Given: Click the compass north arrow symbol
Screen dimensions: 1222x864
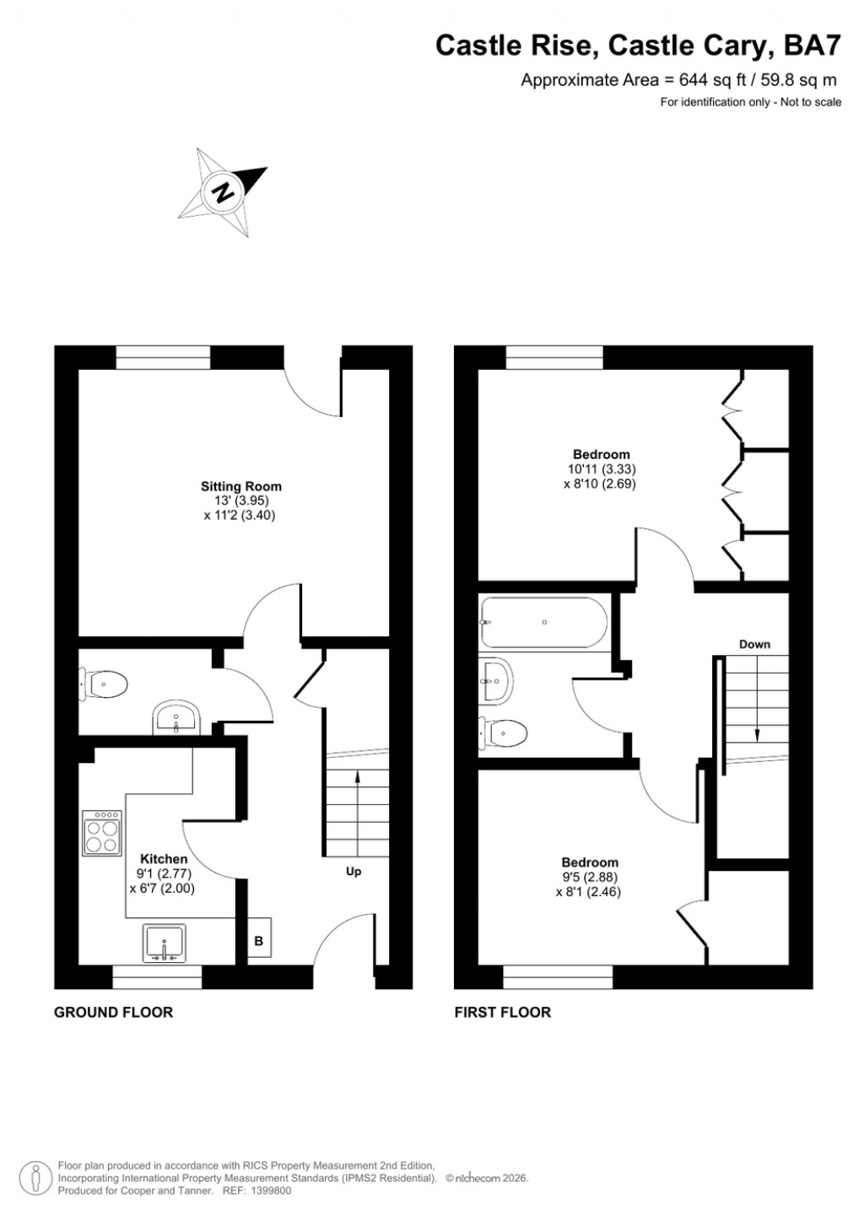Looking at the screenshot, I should pyautogui.click(x=224, y=192).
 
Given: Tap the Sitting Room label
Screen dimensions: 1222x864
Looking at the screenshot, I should pyautogui.click(x=241, y=486).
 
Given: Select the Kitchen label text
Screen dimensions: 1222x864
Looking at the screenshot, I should pyautogui.click(x=164, y=859).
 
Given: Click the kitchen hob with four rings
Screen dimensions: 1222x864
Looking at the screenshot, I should pyautogui.click(x=102, y=834).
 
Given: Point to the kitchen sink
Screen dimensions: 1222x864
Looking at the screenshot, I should pyautogui.click(x=165, y=943).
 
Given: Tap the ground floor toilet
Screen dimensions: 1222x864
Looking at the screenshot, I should pyautogui.click(x=104, y=683).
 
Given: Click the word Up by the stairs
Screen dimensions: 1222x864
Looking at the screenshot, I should pyautogui.click(x=354, y=871).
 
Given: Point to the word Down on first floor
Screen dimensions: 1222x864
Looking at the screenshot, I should pyautogui.click(x=754, y=644).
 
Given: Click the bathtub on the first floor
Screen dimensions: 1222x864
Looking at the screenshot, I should pyautogui.click(x=543, y=622).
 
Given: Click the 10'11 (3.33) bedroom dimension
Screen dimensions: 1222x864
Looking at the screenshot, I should pyautogui.click(x=602, y=469).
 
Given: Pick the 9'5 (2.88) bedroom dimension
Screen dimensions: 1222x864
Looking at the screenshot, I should pyautogui.click(x=590, y=877).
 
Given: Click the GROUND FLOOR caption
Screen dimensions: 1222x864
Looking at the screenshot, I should pyautogui.click(x=113, y=1012).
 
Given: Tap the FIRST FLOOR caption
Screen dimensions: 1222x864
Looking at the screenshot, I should pyautogui.click(x=502, y=1012).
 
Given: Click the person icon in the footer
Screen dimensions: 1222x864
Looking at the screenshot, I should pyautogui.click(x=35, y=1177).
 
